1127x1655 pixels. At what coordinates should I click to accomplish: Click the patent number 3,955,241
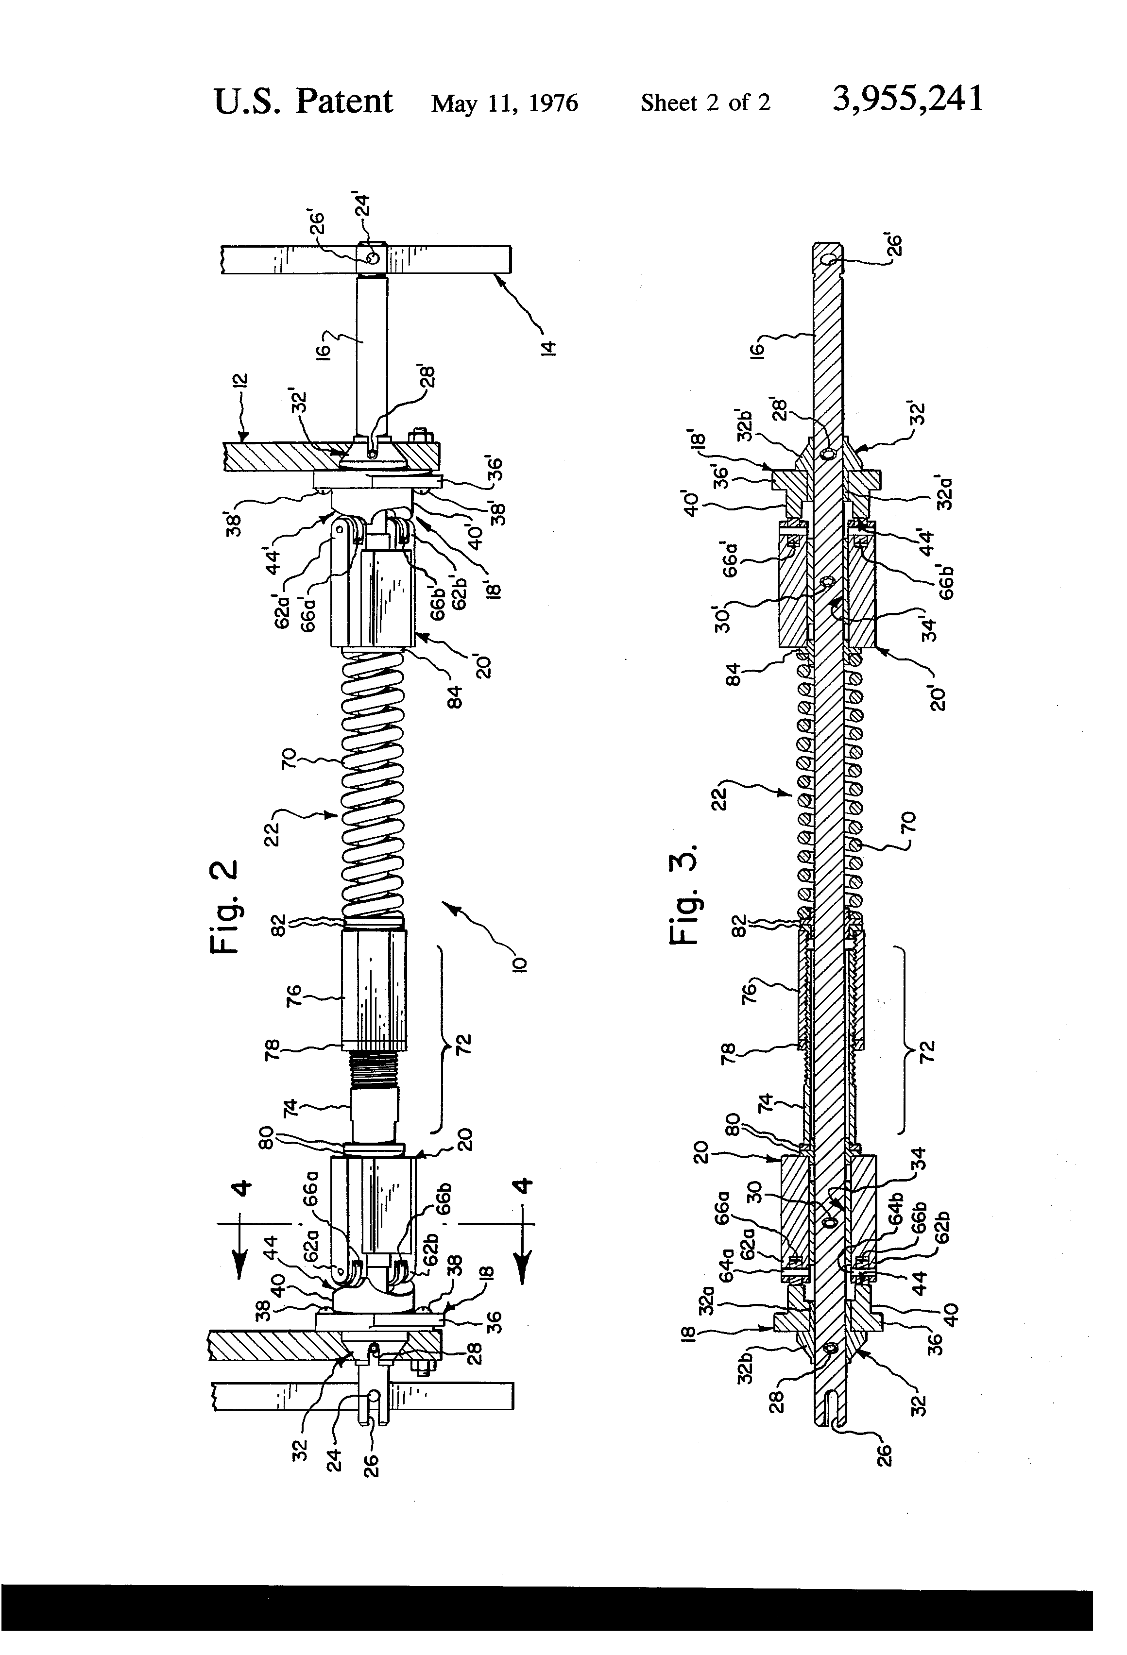(907, 99)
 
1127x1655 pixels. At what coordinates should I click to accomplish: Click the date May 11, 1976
(504, 104)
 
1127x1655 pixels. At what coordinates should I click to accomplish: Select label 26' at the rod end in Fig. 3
(895, 244)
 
